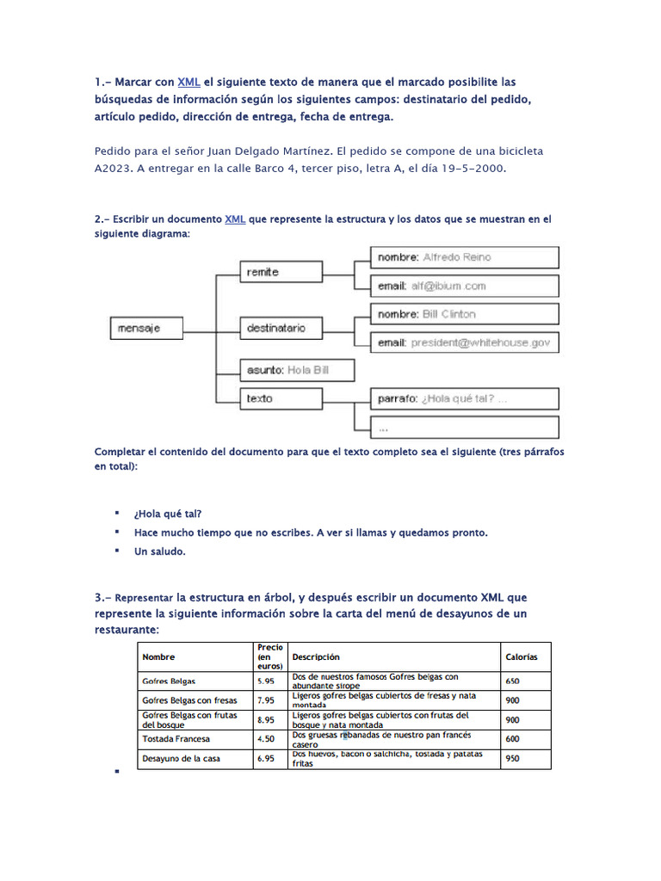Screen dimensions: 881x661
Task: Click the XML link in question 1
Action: [x=188, y=82]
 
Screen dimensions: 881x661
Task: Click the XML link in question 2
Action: [x=235, y=219]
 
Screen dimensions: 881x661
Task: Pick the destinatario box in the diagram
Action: [x=283, y=328]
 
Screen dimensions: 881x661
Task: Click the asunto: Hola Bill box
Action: [x=297, y=370]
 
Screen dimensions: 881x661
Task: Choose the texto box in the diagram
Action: [x=283, y=398]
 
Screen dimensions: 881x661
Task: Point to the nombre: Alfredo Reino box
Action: [x=465, y=257]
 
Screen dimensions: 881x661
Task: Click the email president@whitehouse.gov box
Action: [x=465, y=342]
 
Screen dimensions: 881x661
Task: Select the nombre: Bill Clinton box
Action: [x=465, y=314]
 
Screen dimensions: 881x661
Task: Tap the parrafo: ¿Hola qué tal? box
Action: [x=465, y=398]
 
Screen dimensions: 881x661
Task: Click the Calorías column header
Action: [x=522, y=656]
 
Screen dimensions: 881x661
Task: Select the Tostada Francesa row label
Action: [x=176, y=739]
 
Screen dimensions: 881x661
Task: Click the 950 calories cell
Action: [x=513, y=759]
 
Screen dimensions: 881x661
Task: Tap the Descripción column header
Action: [x=316, y=656]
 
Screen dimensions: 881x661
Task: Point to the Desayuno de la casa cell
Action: [x=182, y=759]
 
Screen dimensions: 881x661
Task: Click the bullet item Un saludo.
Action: [x=159, y=551]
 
